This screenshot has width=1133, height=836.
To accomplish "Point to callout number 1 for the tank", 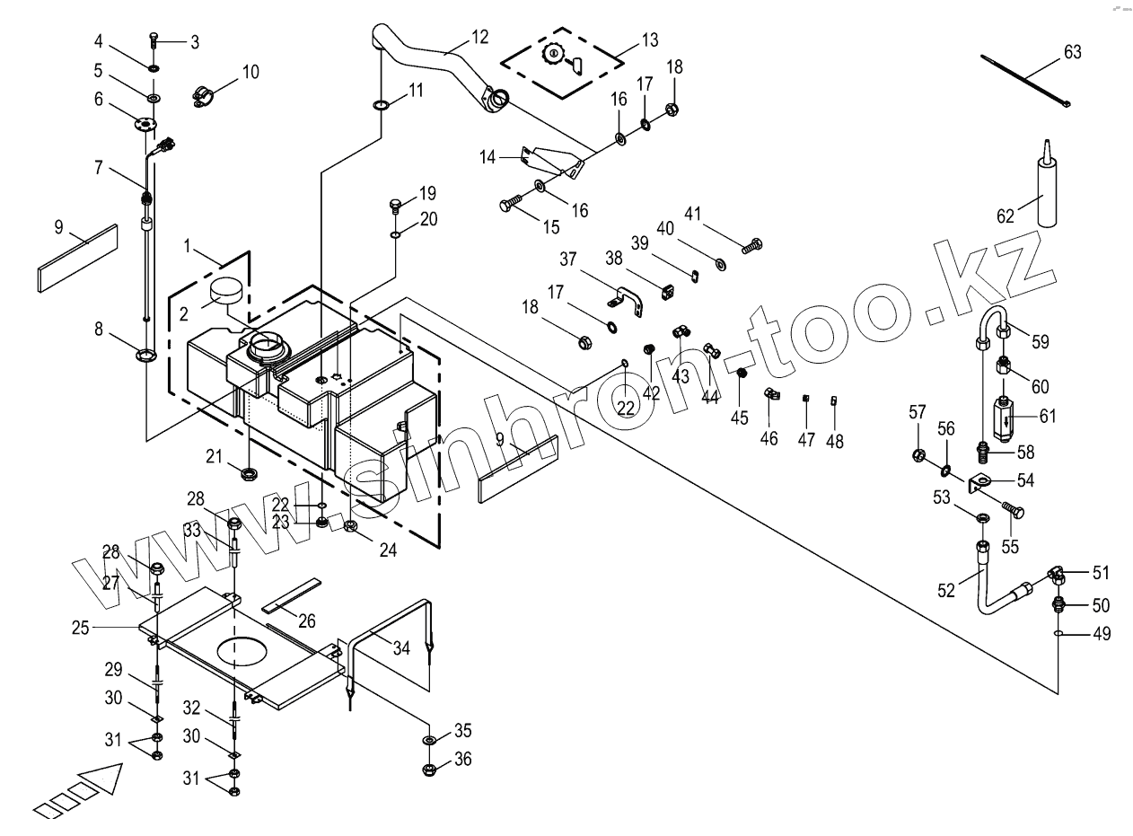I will point(188,246).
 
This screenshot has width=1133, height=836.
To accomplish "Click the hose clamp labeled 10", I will point(205,94).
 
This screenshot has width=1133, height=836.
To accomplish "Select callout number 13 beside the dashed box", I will point(649,40).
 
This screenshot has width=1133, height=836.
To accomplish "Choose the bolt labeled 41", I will point(752,243).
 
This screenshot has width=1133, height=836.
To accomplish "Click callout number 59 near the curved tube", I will point(1041,342).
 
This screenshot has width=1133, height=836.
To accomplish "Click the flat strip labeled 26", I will point(290,594).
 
